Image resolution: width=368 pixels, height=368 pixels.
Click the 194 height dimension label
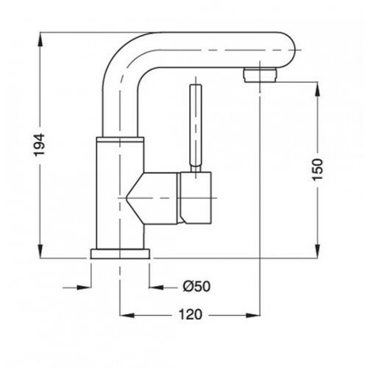tap(39, 145)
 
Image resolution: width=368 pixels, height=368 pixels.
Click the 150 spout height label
tap(317, 169)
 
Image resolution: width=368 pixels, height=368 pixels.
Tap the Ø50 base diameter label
tap(197, 286)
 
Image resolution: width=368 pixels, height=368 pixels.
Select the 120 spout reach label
tap(190, 315)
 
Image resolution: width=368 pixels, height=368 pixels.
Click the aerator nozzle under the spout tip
tap(260, 75)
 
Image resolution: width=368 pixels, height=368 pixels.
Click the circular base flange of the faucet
tap(120, 254)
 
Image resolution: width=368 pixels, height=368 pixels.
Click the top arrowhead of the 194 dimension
tap(41, 39)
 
